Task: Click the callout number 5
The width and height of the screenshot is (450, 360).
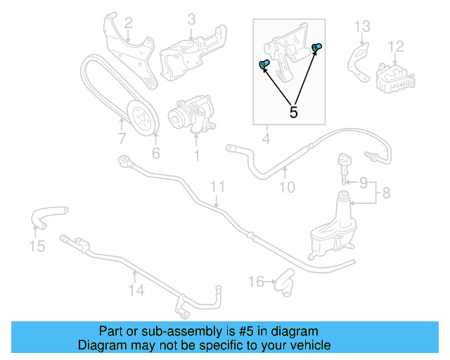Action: [293, 112]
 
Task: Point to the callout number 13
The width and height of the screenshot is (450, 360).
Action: [361, 27]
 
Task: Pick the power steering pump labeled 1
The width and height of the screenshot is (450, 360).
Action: [191, 115]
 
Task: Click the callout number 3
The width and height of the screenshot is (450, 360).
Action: [191, 19]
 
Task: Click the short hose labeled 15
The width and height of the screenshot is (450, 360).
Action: [46, 215]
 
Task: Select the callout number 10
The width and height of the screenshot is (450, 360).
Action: [287, 187]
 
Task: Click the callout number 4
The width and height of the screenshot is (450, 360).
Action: [266, 140]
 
